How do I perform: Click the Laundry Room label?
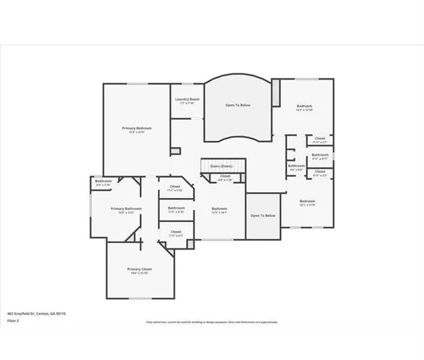(187, 100)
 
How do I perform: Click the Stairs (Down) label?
(220, 165)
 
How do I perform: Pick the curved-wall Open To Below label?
(238, 105)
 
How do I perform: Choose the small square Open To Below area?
(263, 215)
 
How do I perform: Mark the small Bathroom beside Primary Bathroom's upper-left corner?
(103, 181)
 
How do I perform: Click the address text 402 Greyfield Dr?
(36, 313)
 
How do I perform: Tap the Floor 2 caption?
(13, 320)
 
